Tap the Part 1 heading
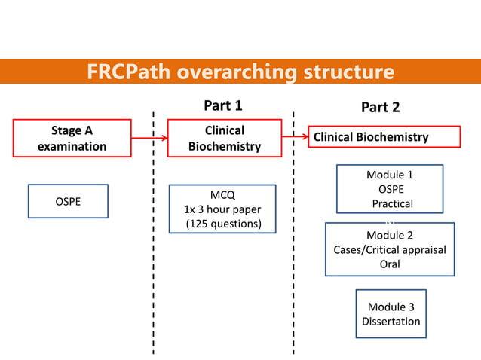point(223,105)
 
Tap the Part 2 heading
point(380,107)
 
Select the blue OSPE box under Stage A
point(68,202)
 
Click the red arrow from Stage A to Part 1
point(149,139)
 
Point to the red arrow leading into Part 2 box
point(295,137)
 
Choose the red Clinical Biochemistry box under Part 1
point(224,139)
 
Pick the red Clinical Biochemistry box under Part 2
point(384,137)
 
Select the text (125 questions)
point(224,224)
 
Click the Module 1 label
point(390,175)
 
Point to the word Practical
point(392,203)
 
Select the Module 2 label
point(390,235)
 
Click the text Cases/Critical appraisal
point(390,249)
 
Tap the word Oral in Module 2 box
point(390,264)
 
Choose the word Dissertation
point(391,322)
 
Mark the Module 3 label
point(391,307)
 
